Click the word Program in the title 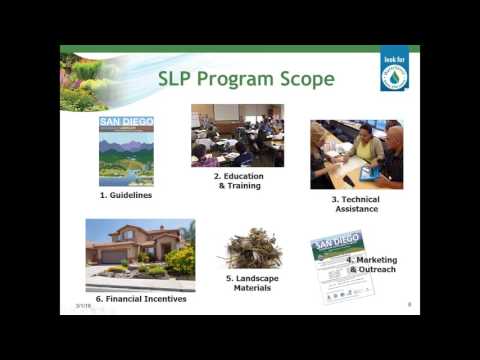233,80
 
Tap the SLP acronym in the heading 178,80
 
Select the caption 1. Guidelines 126,195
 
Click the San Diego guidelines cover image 126,151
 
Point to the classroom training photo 237,135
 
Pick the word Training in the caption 240,185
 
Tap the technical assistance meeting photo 356,154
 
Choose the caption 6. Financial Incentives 141,298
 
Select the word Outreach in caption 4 378,269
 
